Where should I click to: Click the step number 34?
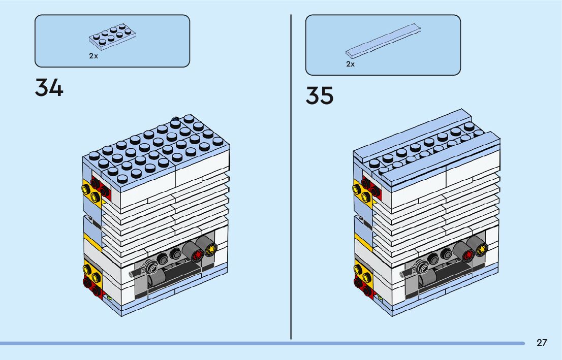pyautogui.click(x=49, y=88)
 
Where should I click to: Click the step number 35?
pyautogui.click(x=320, y=96)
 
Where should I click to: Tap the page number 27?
pyautogui.click(x=542, y=343)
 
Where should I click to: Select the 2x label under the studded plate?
pyautogui.click(x=93, y=56)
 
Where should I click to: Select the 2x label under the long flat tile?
pyautogui.click(x=351, y=64)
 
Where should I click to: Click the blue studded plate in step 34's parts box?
pyautogui.click(x=112, y=38)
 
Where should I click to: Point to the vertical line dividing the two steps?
pyautogui.click(x=291, y=178)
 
